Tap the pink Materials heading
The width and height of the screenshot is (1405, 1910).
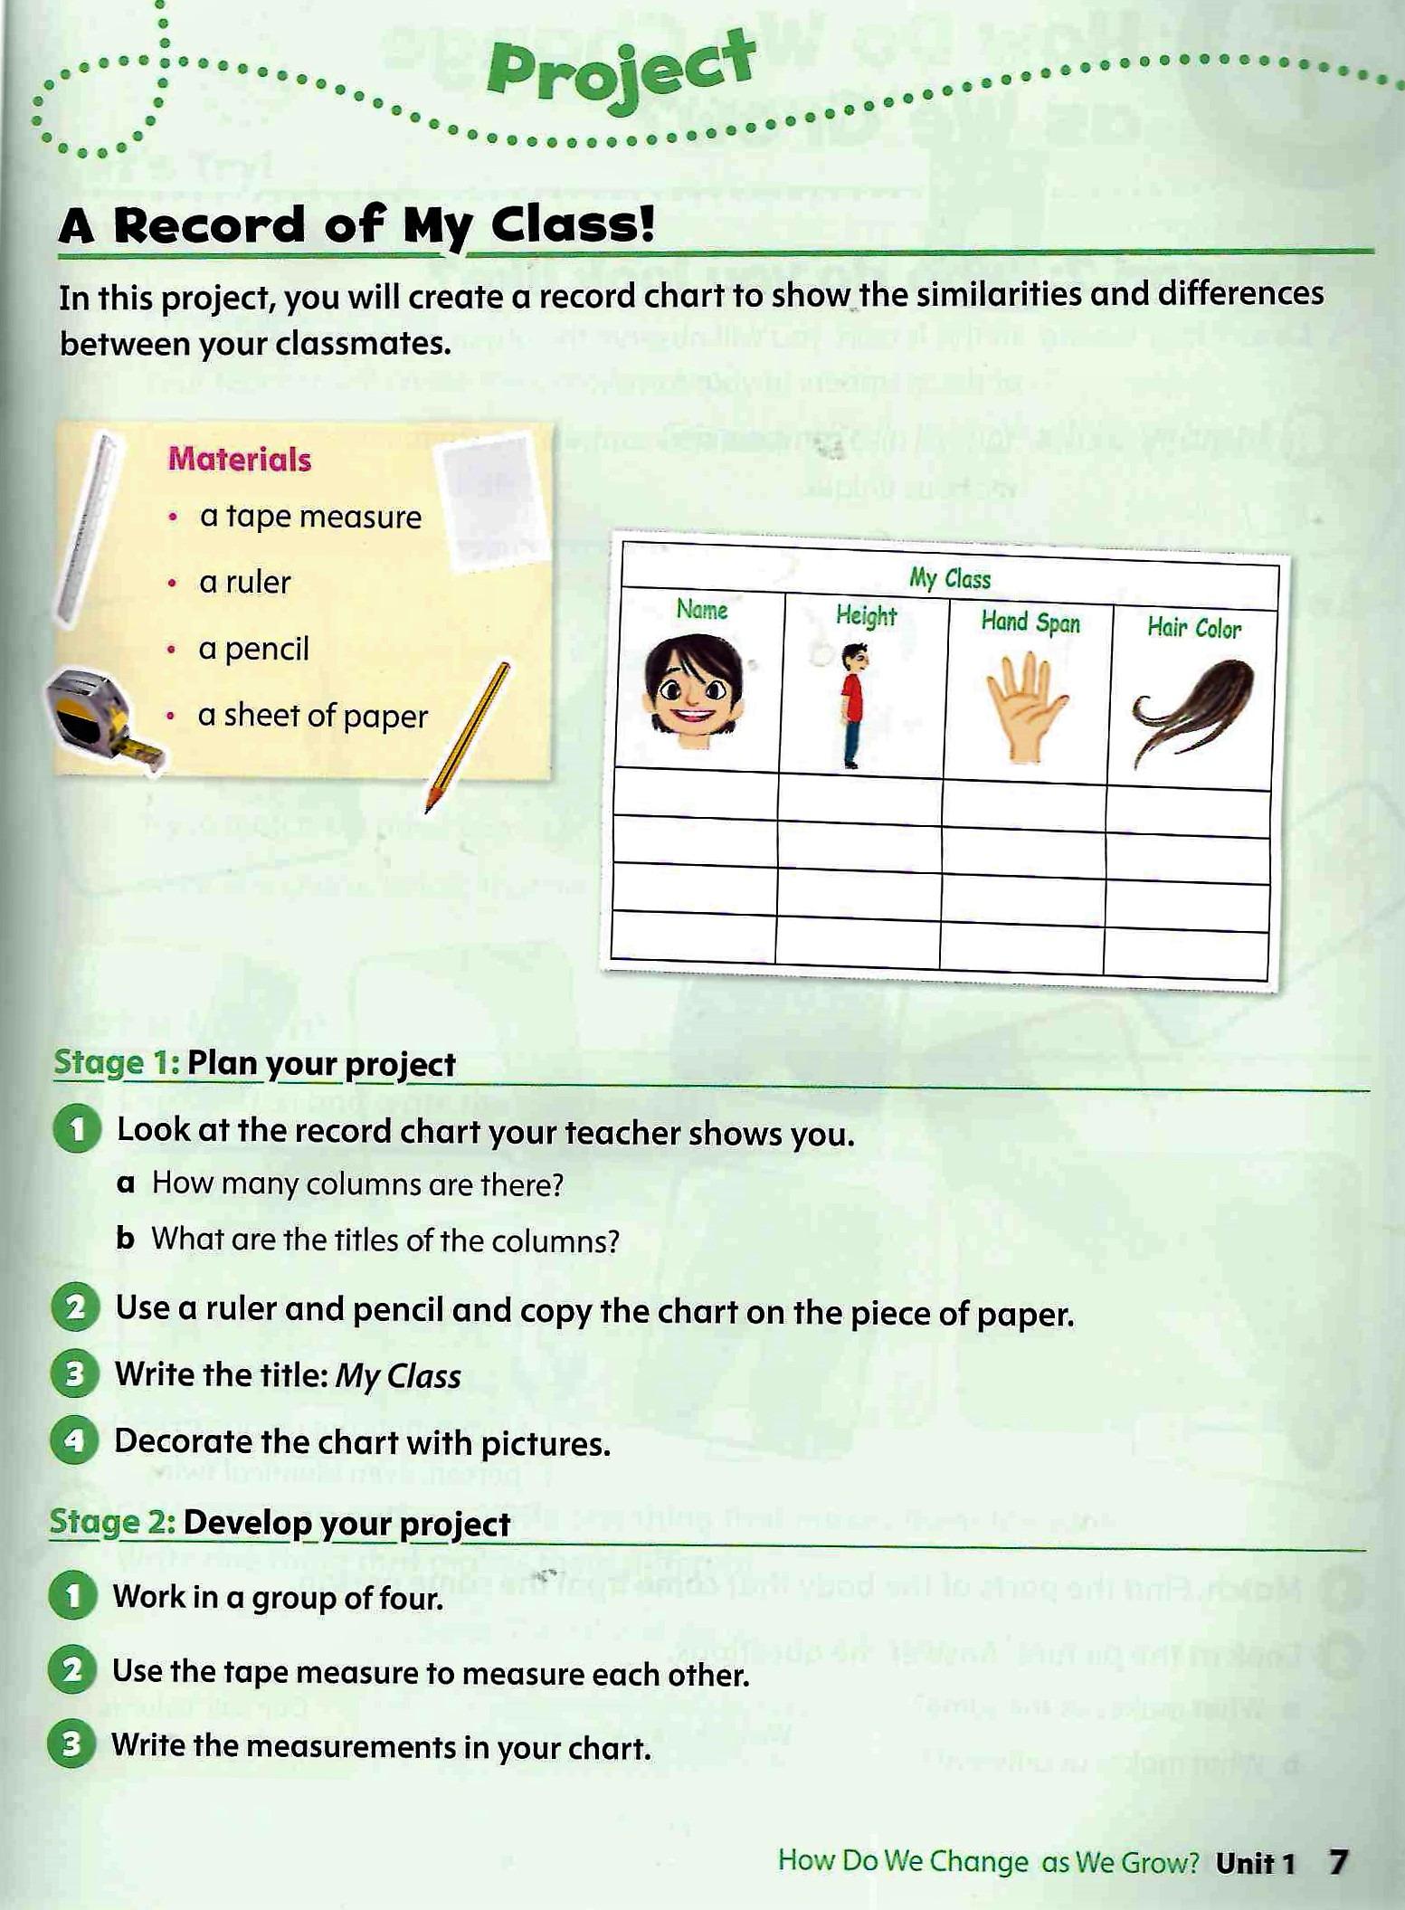click(239, 460)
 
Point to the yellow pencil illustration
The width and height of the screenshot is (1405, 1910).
click(469, 736)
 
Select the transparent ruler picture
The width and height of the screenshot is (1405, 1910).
click(89, 530)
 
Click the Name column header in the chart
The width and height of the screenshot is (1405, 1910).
click(702, 610)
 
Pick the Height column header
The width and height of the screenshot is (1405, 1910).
click(866, 616)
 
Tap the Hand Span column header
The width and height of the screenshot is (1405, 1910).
click(1030, 622)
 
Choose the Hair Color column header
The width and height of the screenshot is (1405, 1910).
click(1194, 628)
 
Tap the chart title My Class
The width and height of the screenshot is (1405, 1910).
click(950, 579)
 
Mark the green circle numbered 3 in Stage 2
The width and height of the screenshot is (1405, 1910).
click(71, 1745)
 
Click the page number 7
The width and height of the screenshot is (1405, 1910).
click(1338, 1861)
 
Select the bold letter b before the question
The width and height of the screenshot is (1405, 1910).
click(126, 1239)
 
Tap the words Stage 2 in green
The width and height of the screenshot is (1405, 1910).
click(111, 1523)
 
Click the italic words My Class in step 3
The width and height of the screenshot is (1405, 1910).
click(398, 1376)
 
